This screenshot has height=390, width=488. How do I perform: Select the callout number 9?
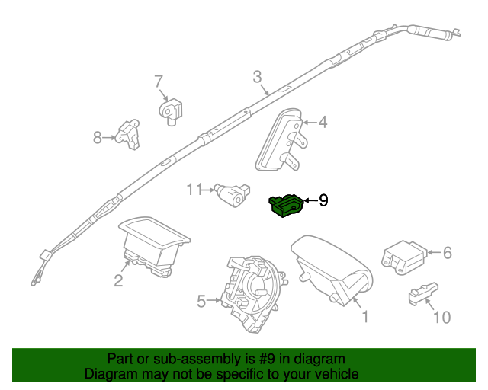coord(323,200)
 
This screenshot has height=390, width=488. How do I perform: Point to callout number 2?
coord(118,281)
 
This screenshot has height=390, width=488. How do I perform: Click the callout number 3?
coord(257,76)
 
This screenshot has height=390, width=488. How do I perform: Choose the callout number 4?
coord(323,122)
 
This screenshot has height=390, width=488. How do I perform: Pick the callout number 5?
coord(201,302)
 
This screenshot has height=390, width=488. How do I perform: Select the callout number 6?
coord(448,252)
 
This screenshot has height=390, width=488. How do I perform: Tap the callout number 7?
coord(159,81)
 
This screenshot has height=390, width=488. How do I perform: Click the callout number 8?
coord(98,138)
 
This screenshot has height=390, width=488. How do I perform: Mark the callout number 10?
coord(441,316)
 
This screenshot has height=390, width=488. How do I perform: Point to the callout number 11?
coord(195,188)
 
